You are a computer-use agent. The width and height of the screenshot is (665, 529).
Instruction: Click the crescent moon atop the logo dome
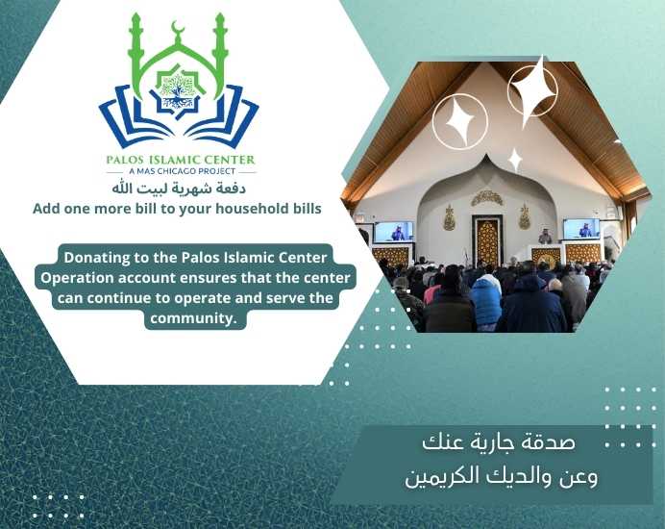pos(179,29)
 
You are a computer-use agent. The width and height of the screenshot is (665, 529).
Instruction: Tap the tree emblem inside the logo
pos(178,90)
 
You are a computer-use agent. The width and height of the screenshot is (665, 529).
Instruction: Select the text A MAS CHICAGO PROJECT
pos(183,171)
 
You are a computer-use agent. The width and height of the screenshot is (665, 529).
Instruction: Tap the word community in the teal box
pos(193,318)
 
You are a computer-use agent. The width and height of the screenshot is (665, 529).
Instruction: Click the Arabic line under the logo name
pos(179,189)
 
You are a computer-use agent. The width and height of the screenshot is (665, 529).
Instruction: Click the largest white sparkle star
pos(533,90)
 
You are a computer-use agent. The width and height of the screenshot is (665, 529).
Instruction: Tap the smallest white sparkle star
pos(515,160)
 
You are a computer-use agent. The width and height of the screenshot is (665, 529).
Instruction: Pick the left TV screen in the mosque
pos(394,232)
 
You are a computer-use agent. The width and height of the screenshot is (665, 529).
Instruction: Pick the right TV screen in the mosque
pos(581,229)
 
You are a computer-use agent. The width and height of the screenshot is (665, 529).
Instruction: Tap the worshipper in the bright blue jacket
pos(486,297)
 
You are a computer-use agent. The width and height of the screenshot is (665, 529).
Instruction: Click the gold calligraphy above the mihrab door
pos(487,198)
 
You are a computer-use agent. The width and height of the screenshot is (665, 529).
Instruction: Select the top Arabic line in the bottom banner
pos(499,442)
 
